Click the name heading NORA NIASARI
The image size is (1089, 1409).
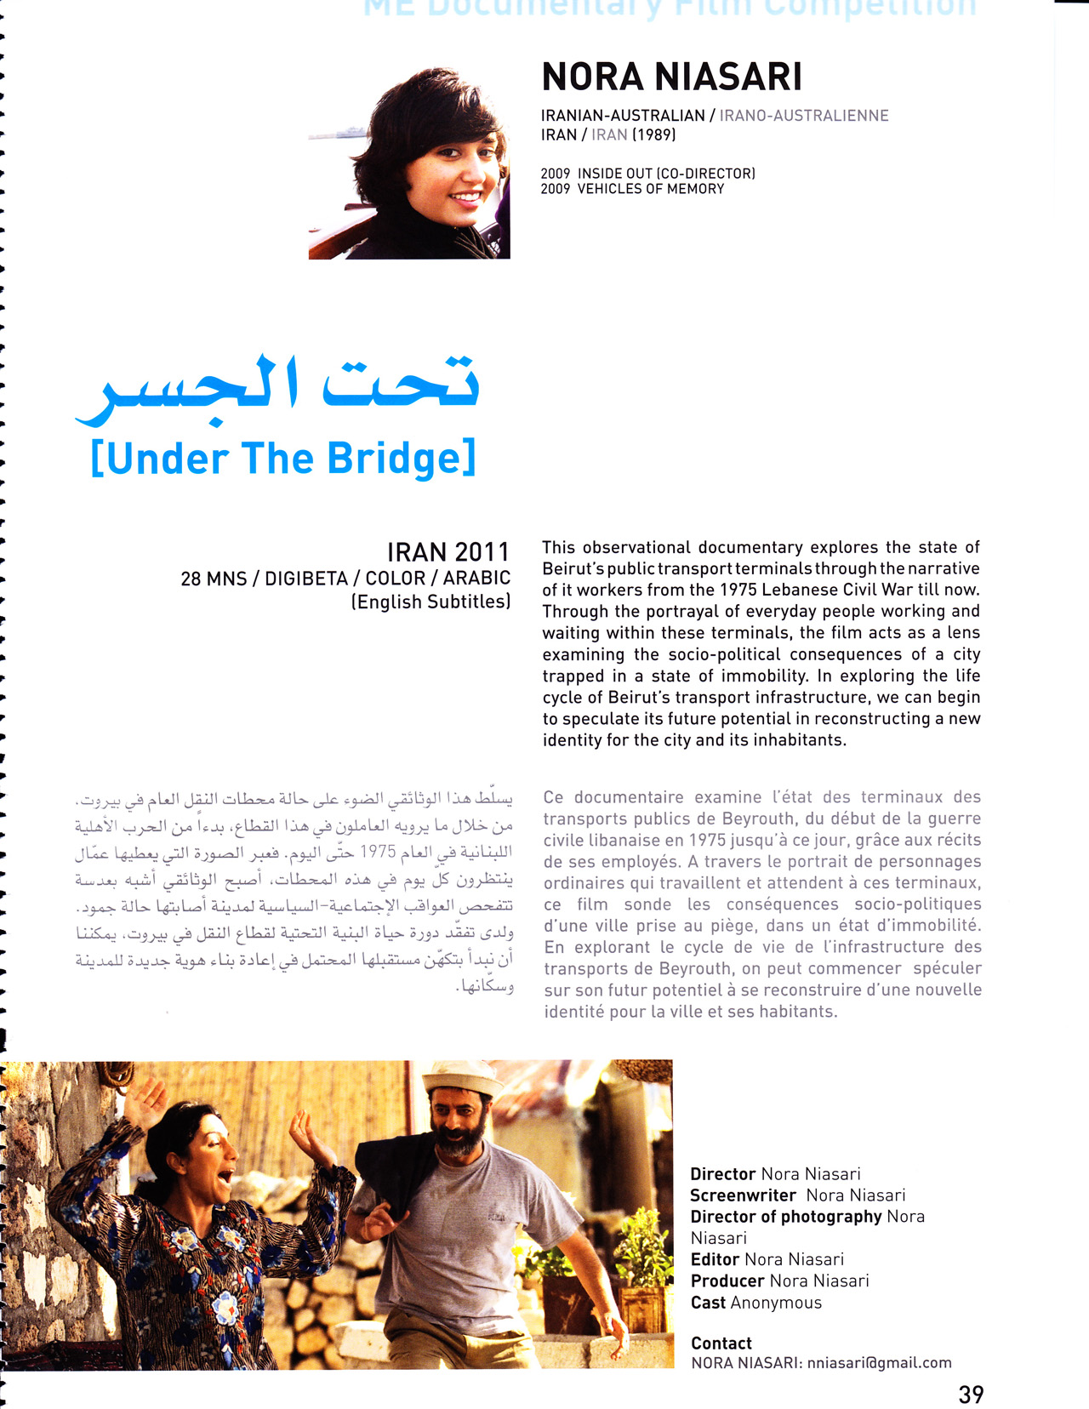click(671, 77)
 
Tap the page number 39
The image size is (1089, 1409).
click(971, 1395)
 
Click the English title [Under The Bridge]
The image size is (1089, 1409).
click(282, 459)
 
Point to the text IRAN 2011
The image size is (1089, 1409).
click(448, 552)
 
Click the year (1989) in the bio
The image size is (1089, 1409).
click(653, 134)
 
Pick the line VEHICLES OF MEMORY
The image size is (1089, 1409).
click(651, 189)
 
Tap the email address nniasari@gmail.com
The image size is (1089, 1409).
click(879, 1362)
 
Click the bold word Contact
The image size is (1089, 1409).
click(721, 1343)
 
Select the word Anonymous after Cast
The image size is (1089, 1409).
click(776, 1303)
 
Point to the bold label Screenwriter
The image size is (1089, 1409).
click(743, 1195)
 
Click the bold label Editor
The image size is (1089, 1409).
click(715, 1259)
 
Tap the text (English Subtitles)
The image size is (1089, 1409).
click(430, 602)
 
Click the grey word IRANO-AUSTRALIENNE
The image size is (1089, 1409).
click(803, 116)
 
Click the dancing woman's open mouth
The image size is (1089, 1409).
click(225, 1178)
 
